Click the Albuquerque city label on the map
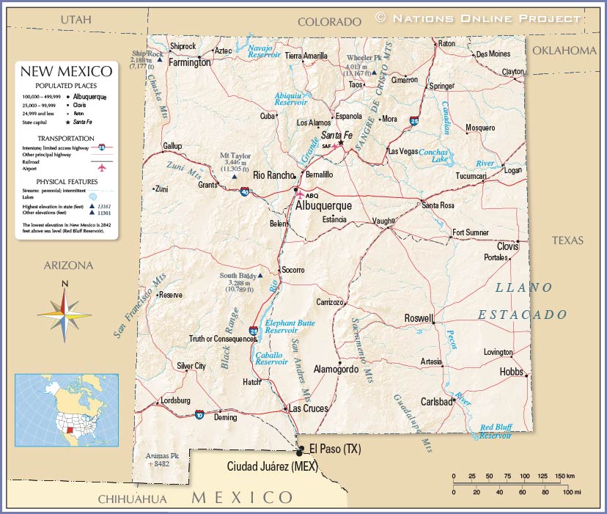323,206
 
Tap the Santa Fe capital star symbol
341,143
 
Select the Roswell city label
419,318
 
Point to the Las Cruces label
309,408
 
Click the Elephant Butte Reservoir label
290,326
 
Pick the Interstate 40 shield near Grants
245,192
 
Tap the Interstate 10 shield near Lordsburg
200,414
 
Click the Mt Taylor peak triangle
234,177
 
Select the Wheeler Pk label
365,57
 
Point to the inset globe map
67,411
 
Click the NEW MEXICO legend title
66,71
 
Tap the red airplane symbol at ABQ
299,195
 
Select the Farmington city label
189,62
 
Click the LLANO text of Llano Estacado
524,287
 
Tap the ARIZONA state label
68,265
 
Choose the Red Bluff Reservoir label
496,431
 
